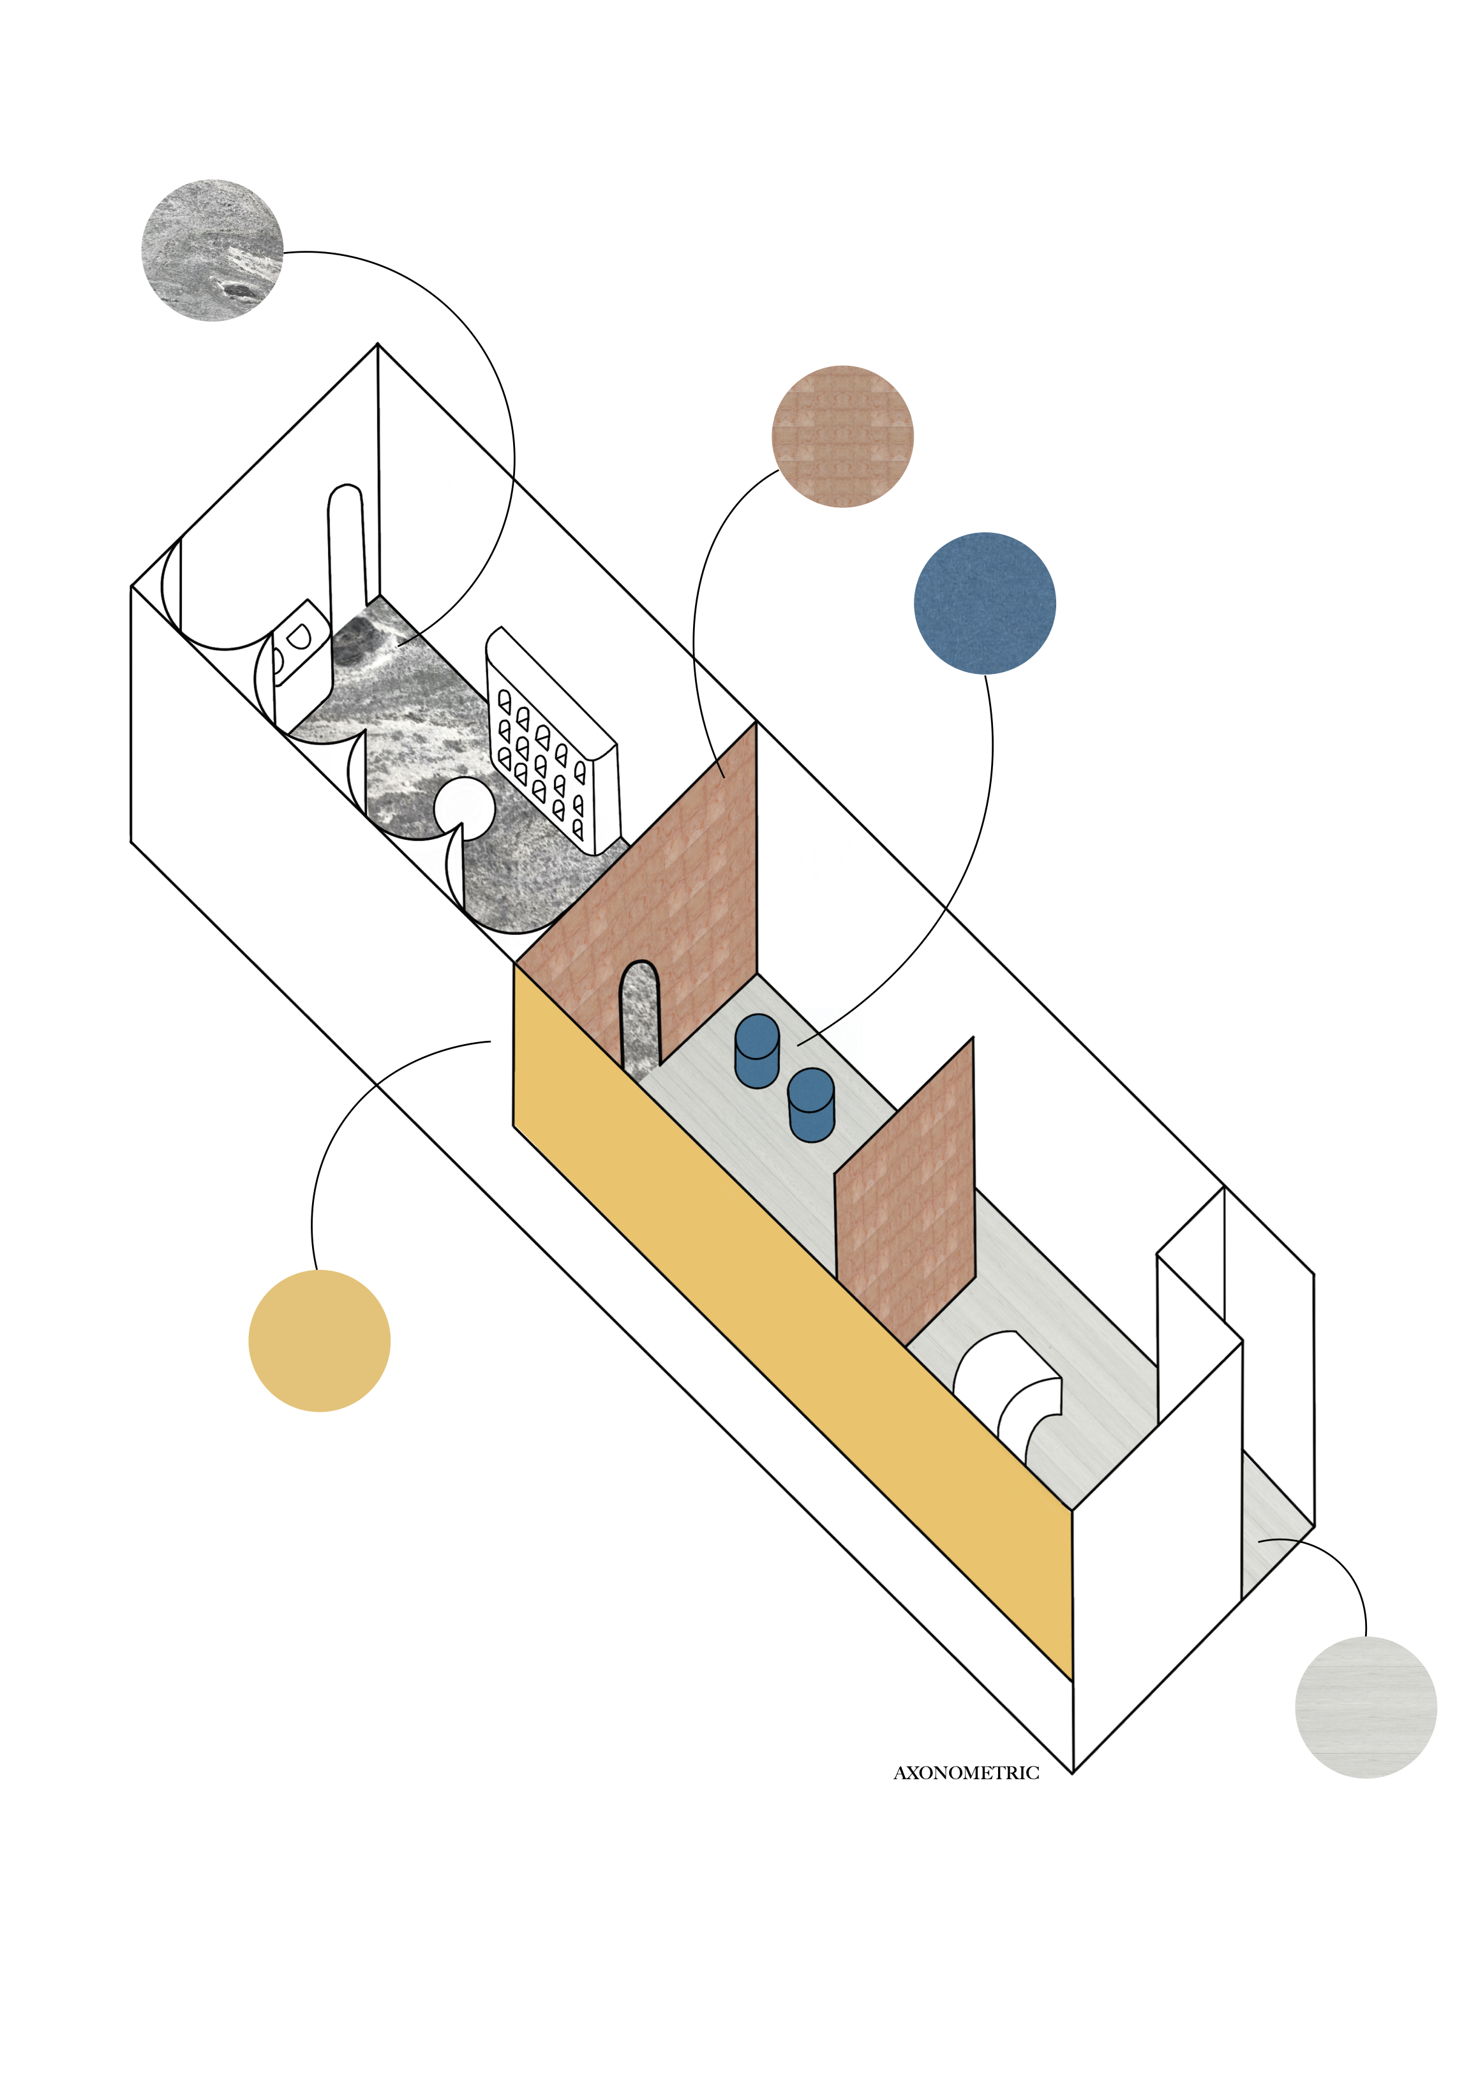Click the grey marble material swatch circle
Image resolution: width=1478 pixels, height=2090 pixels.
click(x=212, y=250)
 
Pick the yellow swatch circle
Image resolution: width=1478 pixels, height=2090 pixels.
click(x=320, y=1341)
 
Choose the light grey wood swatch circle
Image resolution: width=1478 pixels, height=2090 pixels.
click(x=1365, y=1706)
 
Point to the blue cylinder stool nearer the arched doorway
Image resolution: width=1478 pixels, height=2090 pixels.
click(x=756, y=1050)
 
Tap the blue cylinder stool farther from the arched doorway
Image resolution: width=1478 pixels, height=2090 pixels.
click(x=811, y=1104)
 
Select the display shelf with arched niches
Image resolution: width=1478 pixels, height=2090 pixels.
click(x=551, y=742)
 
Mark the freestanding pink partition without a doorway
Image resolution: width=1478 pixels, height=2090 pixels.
click(x=906, y=1193)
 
